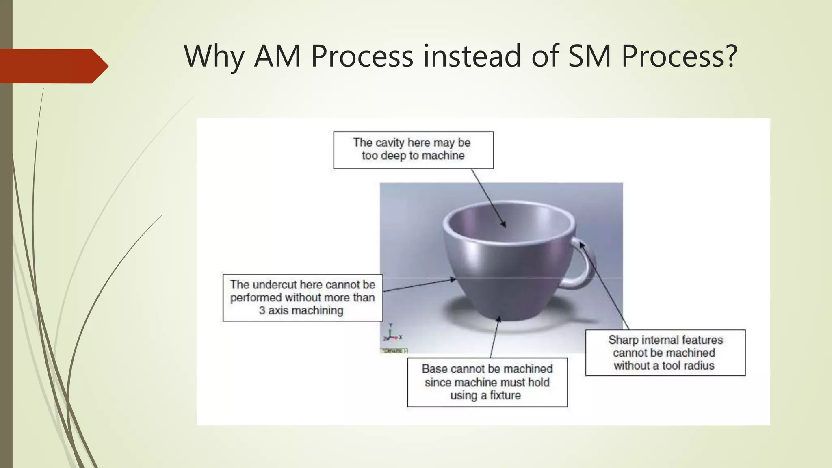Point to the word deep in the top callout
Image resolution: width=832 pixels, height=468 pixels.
[x=393, y=156]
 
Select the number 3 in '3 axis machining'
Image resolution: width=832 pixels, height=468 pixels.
[x=262, y=310]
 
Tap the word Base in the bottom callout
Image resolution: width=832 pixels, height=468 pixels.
[x=433, y=369]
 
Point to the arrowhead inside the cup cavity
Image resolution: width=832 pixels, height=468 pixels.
[x=504, y=224]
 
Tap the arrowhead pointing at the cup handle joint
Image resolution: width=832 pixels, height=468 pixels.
[x=581, y=245]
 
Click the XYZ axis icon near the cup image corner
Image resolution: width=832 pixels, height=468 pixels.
[x=392, y=334]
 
